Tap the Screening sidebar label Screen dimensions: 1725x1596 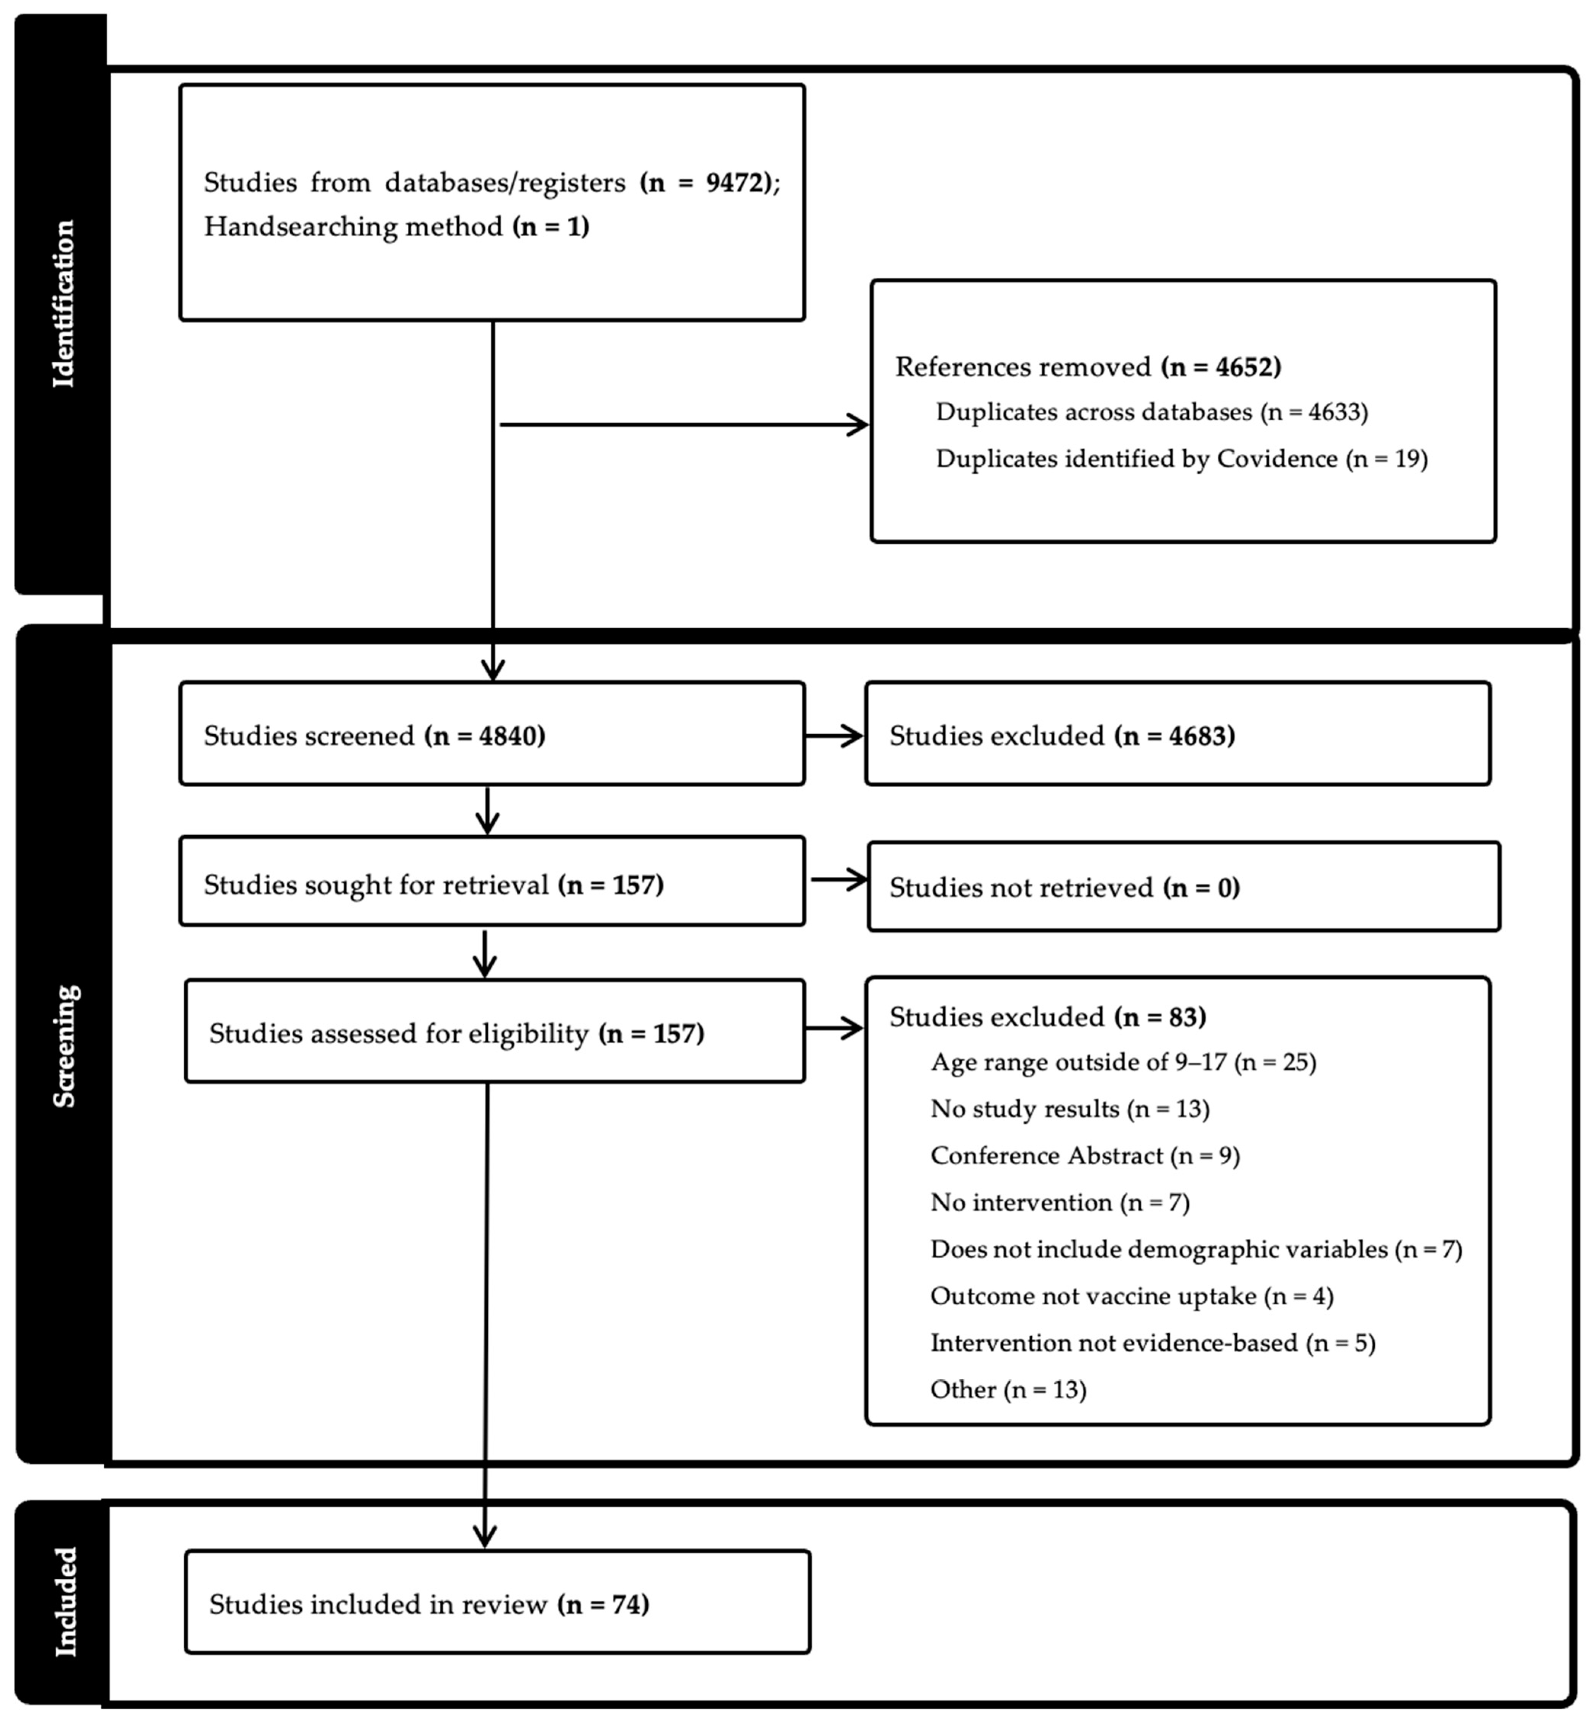click(64, 1045)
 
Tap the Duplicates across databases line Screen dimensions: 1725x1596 click(1151, 412)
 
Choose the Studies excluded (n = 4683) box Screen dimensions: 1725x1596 click(1177, 734)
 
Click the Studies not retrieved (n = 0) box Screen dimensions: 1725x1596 click(1183, 887)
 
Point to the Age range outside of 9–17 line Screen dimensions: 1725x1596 click(1123, 1062)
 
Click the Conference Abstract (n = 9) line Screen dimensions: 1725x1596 click(1085, 1156)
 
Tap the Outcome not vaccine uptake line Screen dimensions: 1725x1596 click(1131, 1296)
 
